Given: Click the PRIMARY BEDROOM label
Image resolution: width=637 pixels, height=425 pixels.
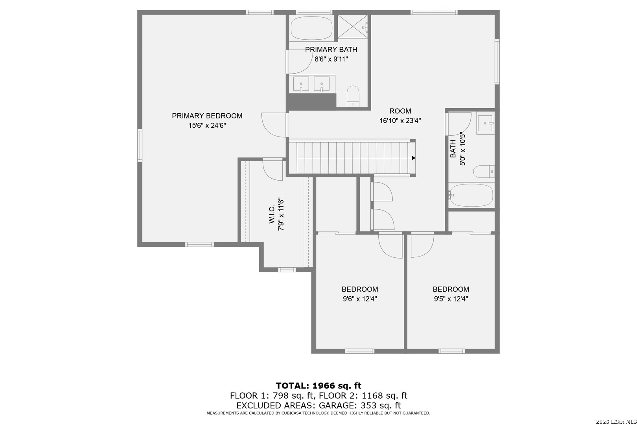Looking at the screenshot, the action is pos(207,116).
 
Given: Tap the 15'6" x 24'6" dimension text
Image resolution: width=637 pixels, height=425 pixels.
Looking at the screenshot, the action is pos(207,126).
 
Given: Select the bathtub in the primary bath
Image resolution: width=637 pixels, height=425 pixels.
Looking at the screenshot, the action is pos(311,28).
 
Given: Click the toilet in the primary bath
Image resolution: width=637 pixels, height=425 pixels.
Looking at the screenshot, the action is pos(353,96).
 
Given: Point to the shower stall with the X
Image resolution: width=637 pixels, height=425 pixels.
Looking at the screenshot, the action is pos(353,26).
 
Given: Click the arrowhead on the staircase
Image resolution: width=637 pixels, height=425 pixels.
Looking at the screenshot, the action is pos(414,158).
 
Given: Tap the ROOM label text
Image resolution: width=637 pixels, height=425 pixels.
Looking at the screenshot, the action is pos(400,111).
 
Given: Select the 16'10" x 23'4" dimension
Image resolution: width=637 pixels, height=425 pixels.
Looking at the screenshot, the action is pos(400,121).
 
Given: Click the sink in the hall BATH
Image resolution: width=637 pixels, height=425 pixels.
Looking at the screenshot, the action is pos(486,123).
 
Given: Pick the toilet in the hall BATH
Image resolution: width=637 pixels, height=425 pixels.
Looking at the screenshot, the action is pos(484,172).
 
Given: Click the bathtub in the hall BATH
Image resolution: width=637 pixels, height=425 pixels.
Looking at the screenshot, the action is pos(471,195).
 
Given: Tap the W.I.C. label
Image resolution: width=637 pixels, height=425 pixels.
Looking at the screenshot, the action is pos(272,214).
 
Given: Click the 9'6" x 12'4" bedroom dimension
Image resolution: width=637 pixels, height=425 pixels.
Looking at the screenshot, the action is pos(360,299).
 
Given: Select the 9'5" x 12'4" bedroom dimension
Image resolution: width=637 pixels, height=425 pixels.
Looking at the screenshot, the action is pos(451,299).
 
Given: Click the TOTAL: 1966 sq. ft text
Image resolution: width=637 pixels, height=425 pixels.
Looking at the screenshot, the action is pos(318,386).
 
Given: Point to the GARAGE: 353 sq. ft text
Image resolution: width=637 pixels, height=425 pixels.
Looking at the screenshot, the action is pos(360,405).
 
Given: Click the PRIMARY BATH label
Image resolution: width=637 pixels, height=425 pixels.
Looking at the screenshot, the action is pos(331,50).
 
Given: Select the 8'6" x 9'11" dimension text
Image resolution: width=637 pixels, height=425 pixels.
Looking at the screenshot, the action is pos(331,59).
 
